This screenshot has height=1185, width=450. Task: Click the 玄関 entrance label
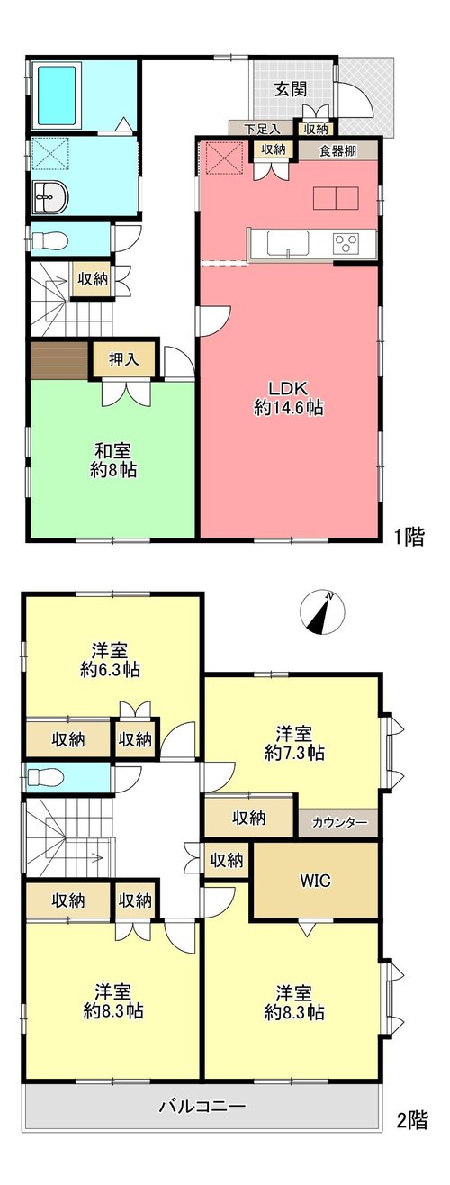point(291,89)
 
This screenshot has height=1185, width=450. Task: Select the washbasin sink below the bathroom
point(50,197)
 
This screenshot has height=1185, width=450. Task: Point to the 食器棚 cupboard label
point(337,150)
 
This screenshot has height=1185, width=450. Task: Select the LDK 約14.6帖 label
point(288,398)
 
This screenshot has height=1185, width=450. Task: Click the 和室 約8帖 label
point(112,460)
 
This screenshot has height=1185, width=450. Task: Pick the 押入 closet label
point(124,360)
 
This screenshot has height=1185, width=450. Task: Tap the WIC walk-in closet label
point(315,881)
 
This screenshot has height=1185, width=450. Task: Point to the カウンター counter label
point(339,823)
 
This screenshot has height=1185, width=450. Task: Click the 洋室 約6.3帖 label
point(111,659)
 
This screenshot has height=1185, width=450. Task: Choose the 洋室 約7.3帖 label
point(294,743)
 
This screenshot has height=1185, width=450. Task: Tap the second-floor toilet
point(45,777)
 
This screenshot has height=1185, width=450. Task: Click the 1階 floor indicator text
point(409,538)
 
